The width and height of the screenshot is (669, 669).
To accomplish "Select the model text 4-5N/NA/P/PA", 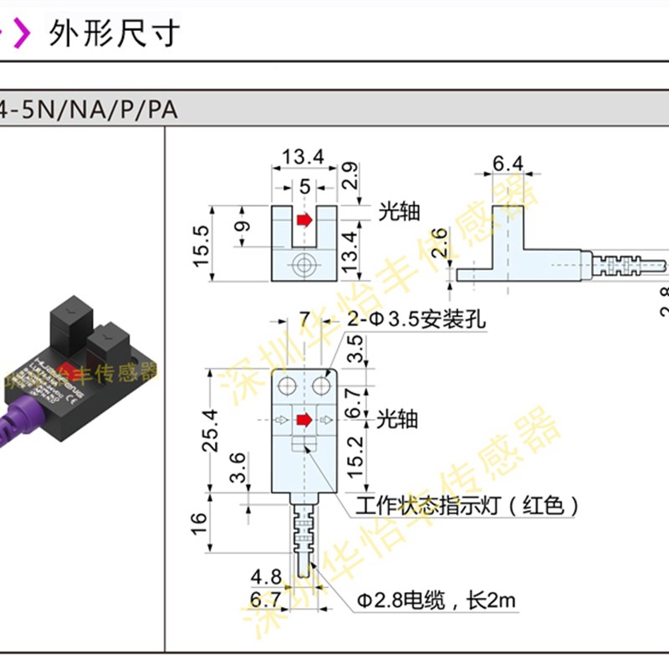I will [x=89, y=110].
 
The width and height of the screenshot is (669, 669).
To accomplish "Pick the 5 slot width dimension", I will [x=304, y=185].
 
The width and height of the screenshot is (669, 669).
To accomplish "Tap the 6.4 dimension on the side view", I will [x=507, y=163].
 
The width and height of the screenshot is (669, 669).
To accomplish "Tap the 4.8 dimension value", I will [x=266, y=576].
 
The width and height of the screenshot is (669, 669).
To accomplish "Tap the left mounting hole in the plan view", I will [x=287, y=385].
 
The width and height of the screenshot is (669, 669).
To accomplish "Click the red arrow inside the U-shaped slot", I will [x=304, y=220].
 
